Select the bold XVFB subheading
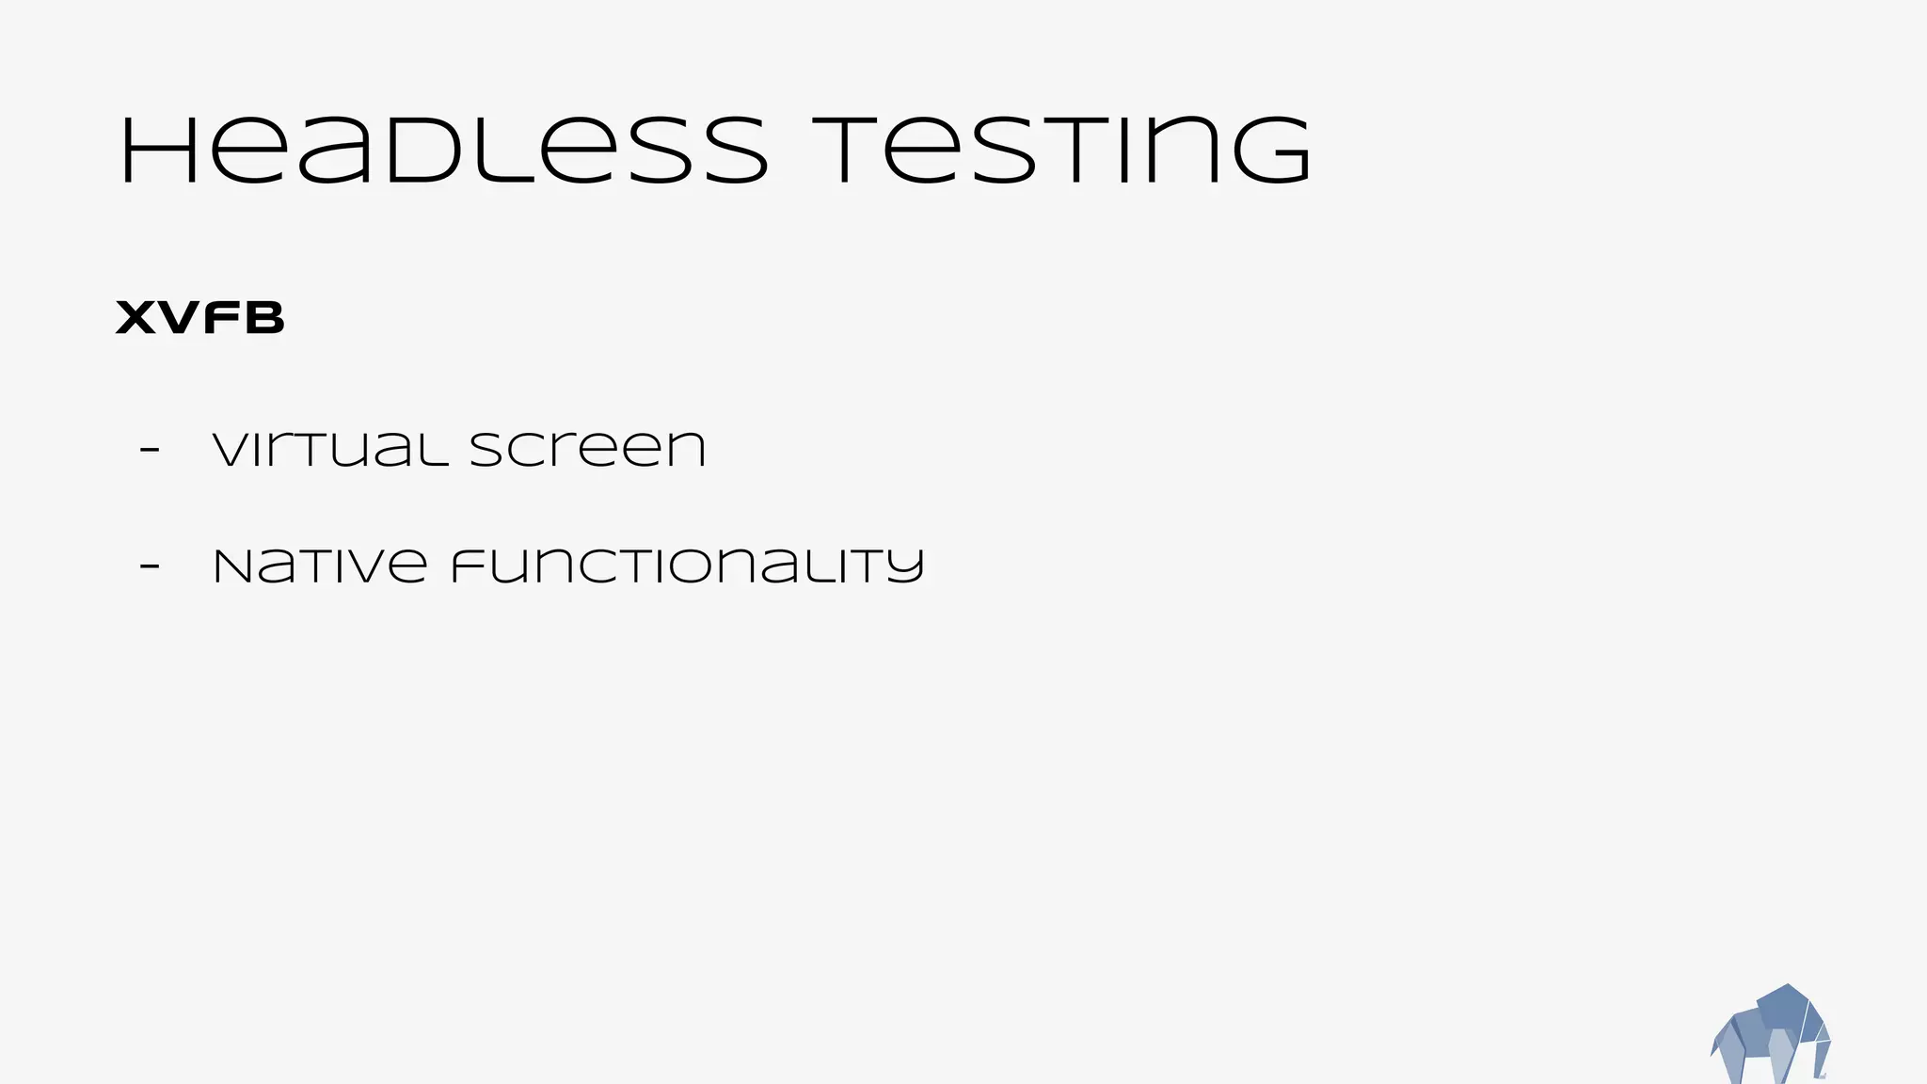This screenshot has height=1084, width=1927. [x=199, y=318]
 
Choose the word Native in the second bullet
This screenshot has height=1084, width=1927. [x=320, y=566]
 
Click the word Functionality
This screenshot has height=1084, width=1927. [x=687, y=566]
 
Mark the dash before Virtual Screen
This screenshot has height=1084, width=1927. [x=149, y=450]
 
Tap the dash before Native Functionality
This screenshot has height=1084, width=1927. [x=149, y=566]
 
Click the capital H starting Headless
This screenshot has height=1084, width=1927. [x=158, y=151]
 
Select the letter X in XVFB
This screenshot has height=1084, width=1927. [x=135, y=318]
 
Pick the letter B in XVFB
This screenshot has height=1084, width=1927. [x=264, y=318]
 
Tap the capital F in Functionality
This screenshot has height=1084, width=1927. [x=470, y=566]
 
